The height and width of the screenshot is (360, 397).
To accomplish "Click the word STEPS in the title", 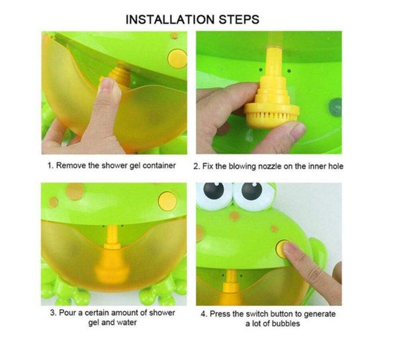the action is (239, 20).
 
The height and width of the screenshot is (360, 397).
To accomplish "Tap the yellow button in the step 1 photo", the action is (177, 58).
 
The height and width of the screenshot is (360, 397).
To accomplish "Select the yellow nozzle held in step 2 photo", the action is (273, 91).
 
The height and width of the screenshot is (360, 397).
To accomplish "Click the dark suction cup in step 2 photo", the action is (335, 108).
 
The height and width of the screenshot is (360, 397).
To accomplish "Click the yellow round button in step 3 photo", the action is (167, 201).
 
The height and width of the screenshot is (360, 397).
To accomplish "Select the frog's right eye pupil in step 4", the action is (251, 191).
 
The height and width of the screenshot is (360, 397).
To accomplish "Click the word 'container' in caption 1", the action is (159, 165).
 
